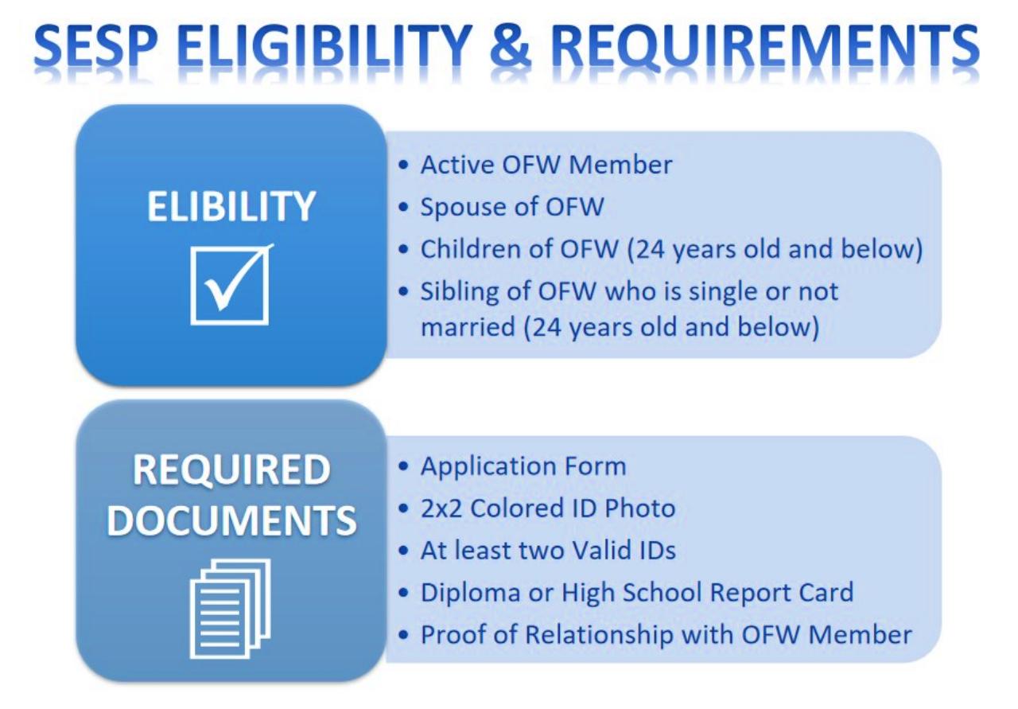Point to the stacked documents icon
[x=231, y=608]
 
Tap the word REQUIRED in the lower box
[x=231, y=470]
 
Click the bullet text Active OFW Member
[x=546, y=165]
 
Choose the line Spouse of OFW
[x=511, y=207]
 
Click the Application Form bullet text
[x=523, y=466]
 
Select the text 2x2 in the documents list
[x=441, y=508]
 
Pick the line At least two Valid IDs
[x=548, y=550]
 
